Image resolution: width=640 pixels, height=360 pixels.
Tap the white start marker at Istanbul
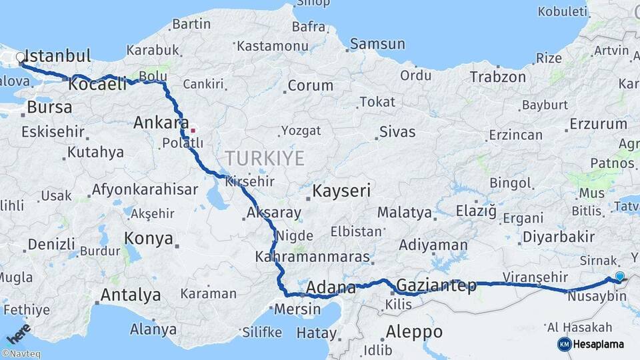[21, 58]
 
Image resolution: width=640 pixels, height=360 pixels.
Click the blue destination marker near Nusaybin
[620, 277]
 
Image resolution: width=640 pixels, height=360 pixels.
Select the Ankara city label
[161, 123]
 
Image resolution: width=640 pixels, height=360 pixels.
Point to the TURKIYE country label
[265, 158]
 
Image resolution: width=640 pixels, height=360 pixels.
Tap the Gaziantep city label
[437, 286]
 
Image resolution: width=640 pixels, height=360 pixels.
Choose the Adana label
[331, 289]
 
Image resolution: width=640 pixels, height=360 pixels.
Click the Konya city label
[149, 239]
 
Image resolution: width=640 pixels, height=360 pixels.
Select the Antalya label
[131, 295]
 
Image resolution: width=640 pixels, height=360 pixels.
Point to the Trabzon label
[498, 77]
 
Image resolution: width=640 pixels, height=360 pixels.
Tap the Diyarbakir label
[559, 237]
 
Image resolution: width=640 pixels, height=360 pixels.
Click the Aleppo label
[414, 331]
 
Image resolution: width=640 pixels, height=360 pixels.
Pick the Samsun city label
[378, 44]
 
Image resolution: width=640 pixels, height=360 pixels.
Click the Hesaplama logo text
[598, 344]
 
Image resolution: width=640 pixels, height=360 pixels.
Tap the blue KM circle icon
[564, 344]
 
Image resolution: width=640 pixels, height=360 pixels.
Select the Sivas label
[398, 131]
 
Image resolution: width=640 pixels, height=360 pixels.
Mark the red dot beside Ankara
[193, 130]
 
